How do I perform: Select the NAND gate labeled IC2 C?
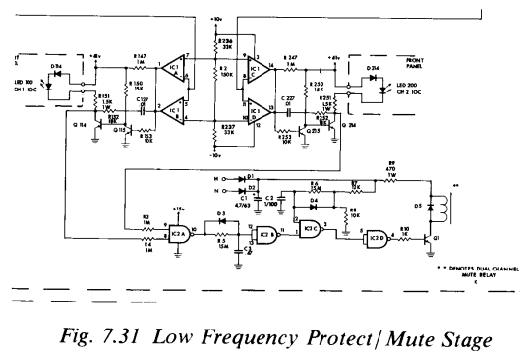coord(310,228)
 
